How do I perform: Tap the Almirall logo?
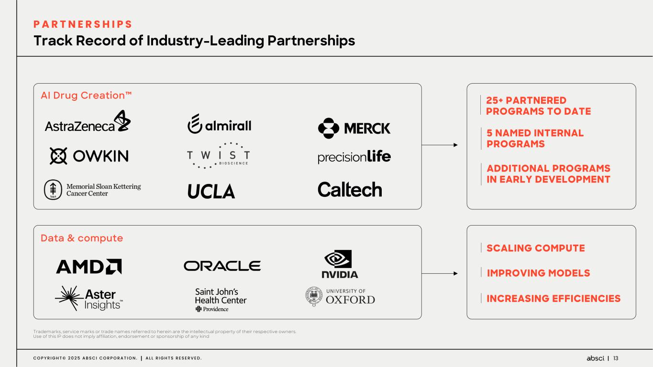(x=219, y=125)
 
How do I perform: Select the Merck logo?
(x=354, y=128)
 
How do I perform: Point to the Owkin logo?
(x=89, y=156)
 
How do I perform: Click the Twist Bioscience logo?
(x=219, y=155)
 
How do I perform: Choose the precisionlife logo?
(x=354, y=157)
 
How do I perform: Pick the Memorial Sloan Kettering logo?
(x=92, y=190)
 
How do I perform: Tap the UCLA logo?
(x=211, y=191)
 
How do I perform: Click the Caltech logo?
(x=350, y=190)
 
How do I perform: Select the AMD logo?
(x=89, y=267)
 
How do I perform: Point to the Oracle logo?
(x=222, y=266)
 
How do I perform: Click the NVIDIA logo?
(x=340, y=264)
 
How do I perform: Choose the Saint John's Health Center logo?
(x=221, y=299)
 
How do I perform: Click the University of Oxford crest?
(x=313, y=296)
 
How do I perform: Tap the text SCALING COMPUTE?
(x=535, y=248)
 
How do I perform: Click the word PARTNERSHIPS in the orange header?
(x=83, y=24)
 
